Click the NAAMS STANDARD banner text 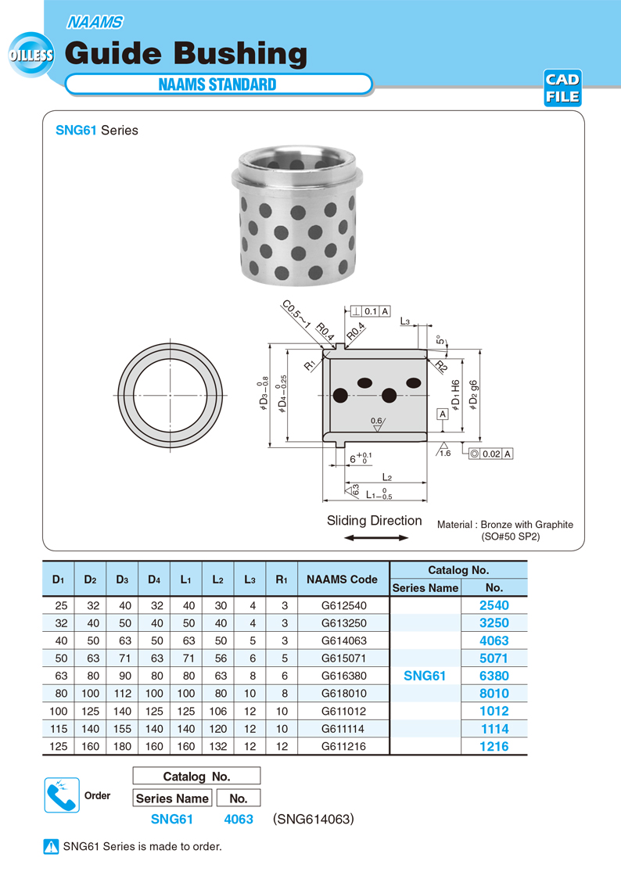click(217, 84)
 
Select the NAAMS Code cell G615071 click(343, 658)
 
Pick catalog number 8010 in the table click(494, 694)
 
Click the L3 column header click(249, 579)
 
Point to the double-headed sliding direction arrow click(376, 538)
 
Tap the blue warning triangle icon click(52, 846)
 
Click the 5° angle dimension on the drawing click(440, 340)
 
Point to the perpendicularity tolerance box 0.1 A click(372, 311)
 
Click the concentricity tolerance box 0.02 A click(491, 454)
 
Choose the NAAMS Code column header click(343, 579)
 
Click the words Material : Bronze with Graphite click(504, 525)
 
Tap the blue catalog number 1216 click(494, 747)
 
